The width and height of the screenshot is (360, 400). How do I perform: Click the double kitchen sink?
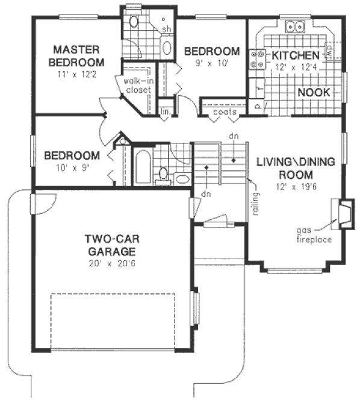point(295,27)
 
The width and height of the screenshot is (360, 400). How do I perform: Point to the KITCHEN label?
point(295,55)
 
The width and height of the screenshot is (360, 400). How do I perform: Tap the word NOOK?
point(313,92)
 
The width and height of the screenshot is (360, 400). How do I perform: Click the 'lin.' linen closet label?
point(164,112)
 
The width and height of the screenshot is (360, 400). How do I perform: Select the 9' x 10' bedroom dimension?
point(212,63)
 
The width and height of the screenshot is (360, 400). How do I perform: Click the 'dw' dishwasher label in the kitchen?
point(330,52)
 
